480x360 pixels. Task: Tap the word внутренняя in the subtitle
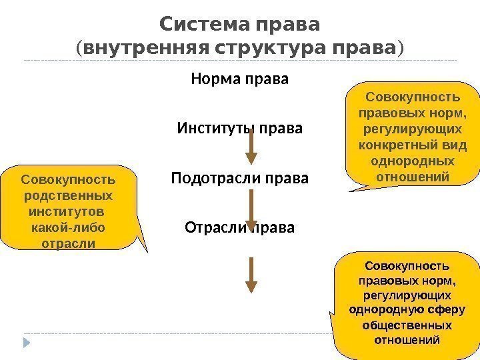coord(127,49)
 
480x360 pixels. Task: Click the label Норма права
coord(240,79)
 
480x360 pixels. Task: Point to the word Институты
coord(208,127)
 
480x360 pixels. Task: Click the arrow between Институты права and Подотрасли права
coord(251,147)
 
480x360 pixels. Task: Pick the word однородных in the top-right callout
coord(413,162)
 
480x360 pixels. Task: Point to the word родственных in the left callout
coord(69,196)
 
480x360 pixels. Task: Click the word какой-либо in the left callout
coord(68,227)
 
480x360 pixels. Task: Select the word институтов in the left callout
coord(69,212)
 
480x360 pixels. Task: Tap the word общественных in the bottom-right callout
coord(406,325)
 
